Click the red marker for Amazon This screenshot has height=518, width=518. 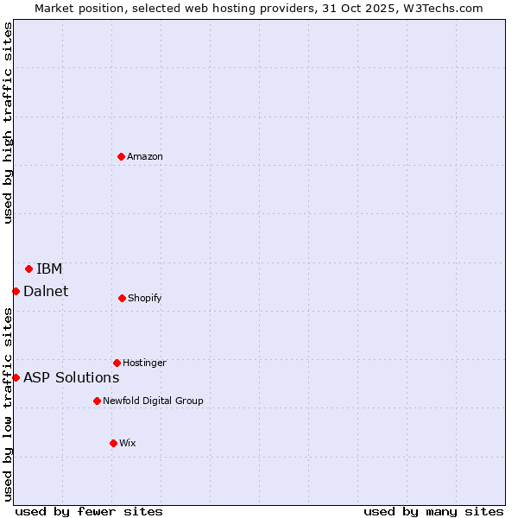122,156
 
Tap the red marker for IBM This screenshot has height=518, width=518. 28,268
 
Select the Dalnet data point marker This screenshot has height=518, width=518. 16,291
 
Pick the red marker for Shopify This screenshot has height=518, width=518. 122,298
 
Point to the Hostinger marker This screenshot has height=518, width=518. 117,363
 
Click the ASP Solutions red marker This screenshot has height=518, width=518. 16,377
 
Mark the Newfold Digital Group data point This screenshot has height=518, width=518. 97,401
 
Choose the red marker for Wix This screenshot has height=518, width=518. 113,443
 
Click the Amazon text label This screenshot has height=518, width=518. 145,156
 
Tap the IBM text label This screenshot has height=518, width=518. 49,268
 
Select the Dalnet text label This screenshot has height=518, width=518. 46,291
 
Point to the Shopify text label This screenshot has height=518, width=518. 144,298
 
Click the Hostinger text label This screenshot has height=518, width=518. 144,363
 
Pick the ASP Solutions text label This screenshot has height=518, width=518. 71,377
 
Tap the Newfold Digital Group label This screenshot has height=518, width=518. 153,401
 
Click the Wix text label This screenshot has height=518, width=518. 128,443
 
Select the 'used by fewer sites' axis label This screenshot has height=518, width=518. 89,511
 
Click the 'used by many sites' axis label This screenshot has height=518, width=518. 433,511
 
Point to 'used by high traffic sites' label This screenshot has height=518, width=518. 8,123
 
